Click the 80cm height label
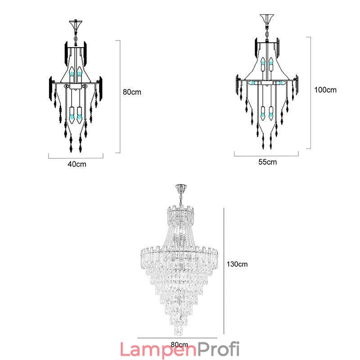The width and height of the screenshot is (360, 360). (132, 92)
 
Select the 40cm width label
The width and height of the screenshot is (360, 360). (77, 164)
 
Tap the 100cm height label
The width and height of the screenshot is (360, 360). (325, 90)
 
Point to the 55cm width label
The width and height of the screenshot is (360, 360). (267, 162)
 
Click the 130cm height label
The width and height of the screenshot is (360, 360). (237, 264)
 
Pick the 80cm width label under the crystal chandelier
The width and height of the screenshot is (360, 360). (179, 345)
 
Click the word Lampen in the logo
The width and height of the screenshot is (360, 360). (158, 350)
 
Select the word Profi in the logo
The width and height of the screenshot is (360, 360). (218, 349)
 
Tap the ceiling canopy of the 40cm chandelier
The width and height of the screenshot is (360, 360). (76, 25)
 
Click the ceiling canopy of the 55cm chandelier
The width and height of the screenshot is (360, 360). (267, 18)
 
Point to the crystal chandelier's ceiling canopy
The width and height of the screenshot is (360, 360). (181, 188)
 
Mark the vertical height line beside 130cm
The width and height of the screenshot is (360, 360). (224, 271)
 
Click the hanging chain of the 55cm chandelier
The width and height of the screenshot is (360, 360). (267, 31)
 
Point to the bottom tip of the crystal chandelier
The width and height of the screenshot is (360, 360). (179, 335)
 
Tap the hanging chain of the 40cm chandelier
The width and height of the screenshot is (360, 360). (76, 36)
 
